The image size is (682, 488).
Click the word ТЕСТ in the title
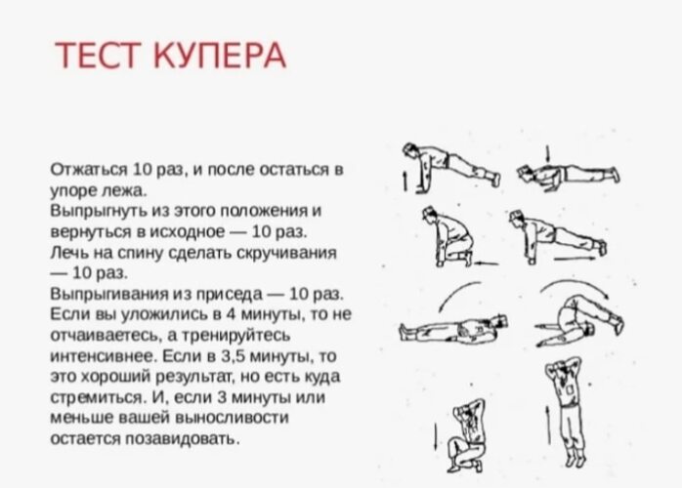click(x=99, y=56)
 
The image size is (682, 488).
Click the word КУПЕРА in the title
click(x=220, y=56)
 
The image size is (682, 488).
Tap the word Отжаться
click(x=89, y=169)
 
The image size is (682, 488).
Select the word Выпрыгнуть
click(x=99, y=211)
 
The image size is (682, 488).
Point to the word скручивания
click(x=286, y=253)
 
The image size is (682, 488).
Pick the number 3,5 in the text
click(x=234, y=356)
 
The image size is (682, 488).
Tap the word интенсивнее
click(x=104, y=356)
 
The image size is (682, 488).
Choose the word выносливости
click(x=232, y=418)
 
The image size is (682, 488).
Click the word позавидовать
click(x=183, y=439)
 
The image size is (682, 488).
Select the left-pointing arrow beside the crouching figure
click(x=486, y=263)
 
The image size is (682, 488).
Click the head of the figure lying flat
click(x=500, y=322)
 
